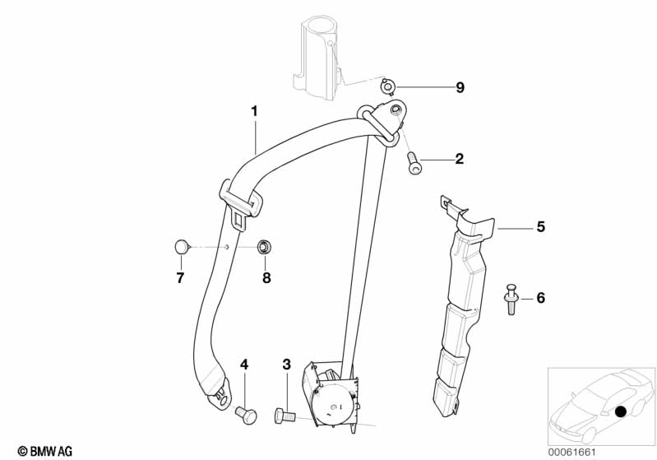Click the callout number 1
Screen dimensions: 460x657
coord(255,110)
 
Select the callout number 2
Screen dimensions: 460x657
coord(459,159)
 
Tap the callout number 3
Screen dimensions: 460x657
coord(286,365)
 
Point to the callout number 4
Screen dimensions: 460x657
coord(243,365)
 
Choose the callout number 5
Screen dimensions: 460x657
coord(540,226)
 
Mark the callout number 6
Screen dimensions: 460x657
coord(540,298)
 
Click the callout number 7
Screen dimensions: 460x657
coord(180,278)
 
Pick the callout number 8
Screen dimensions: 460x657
coord(266,278)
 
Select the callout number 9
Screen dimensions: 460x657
coord(460,87)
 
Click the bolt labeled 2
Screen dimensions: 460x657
coord(414,163)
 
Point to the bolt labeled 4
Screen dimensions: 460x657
coord(246,414)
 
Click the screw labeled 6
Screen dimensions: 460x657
coord(511,299)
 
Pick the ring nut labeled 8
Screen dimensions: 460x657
coord(265,246)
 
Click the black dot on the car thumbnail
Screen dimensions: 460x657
coord(621,411)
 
